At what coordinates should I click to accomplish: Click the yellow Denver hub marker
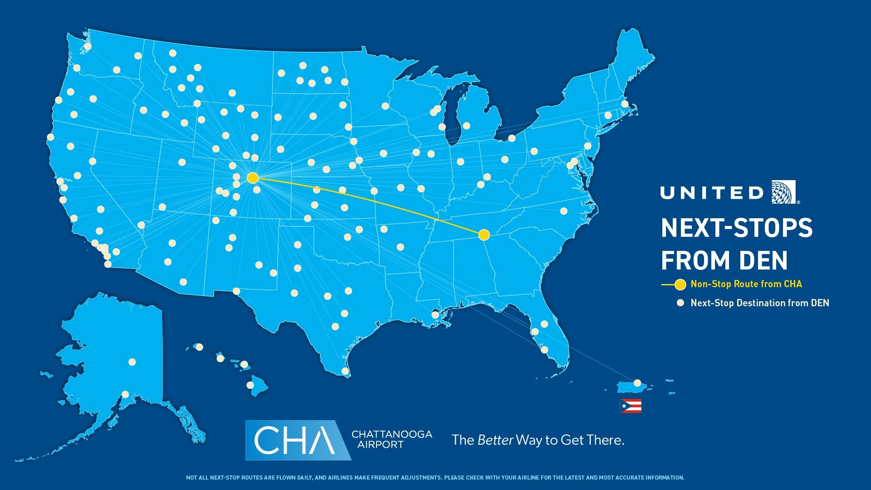point(253,178)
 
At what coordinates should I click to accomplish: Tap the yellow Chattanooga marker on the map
point(484,235)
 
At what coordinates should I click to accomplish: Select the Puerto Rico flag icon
point(631,406)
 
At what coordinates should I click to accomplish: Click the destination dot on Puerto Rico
point(637,383)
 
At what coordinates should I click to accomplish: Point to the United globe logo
point(784,192)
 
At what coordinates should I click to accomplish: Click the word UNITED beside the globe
point(712,193)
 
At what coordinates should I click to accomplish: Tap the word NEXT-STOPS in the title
point(736,228)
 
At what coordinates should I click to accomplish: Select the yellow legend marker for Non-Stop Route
point(680,285)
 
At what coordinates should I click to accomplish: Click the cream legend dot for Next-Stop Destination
point(680,303)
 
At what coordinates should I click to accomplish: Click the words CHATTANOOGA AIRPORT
point(391,439)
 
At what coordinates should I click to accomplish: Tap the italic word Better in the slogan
point(495,440)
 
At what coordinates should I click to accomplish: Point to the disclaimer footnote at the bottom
point(435,478)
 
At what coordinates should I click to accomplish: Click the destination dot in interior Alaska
point(132,362)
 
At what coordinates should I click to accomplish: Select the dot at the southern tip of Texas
point(345,371)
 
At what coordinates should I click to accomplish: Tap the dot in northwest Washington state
point(88,46)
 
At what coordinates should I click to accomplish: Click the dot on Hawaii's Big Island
point(250,385)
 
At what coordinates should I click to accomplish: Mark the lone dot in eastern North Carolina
point(564,211)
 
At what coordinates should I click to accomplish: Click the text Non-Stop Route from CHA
point(746,284)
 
